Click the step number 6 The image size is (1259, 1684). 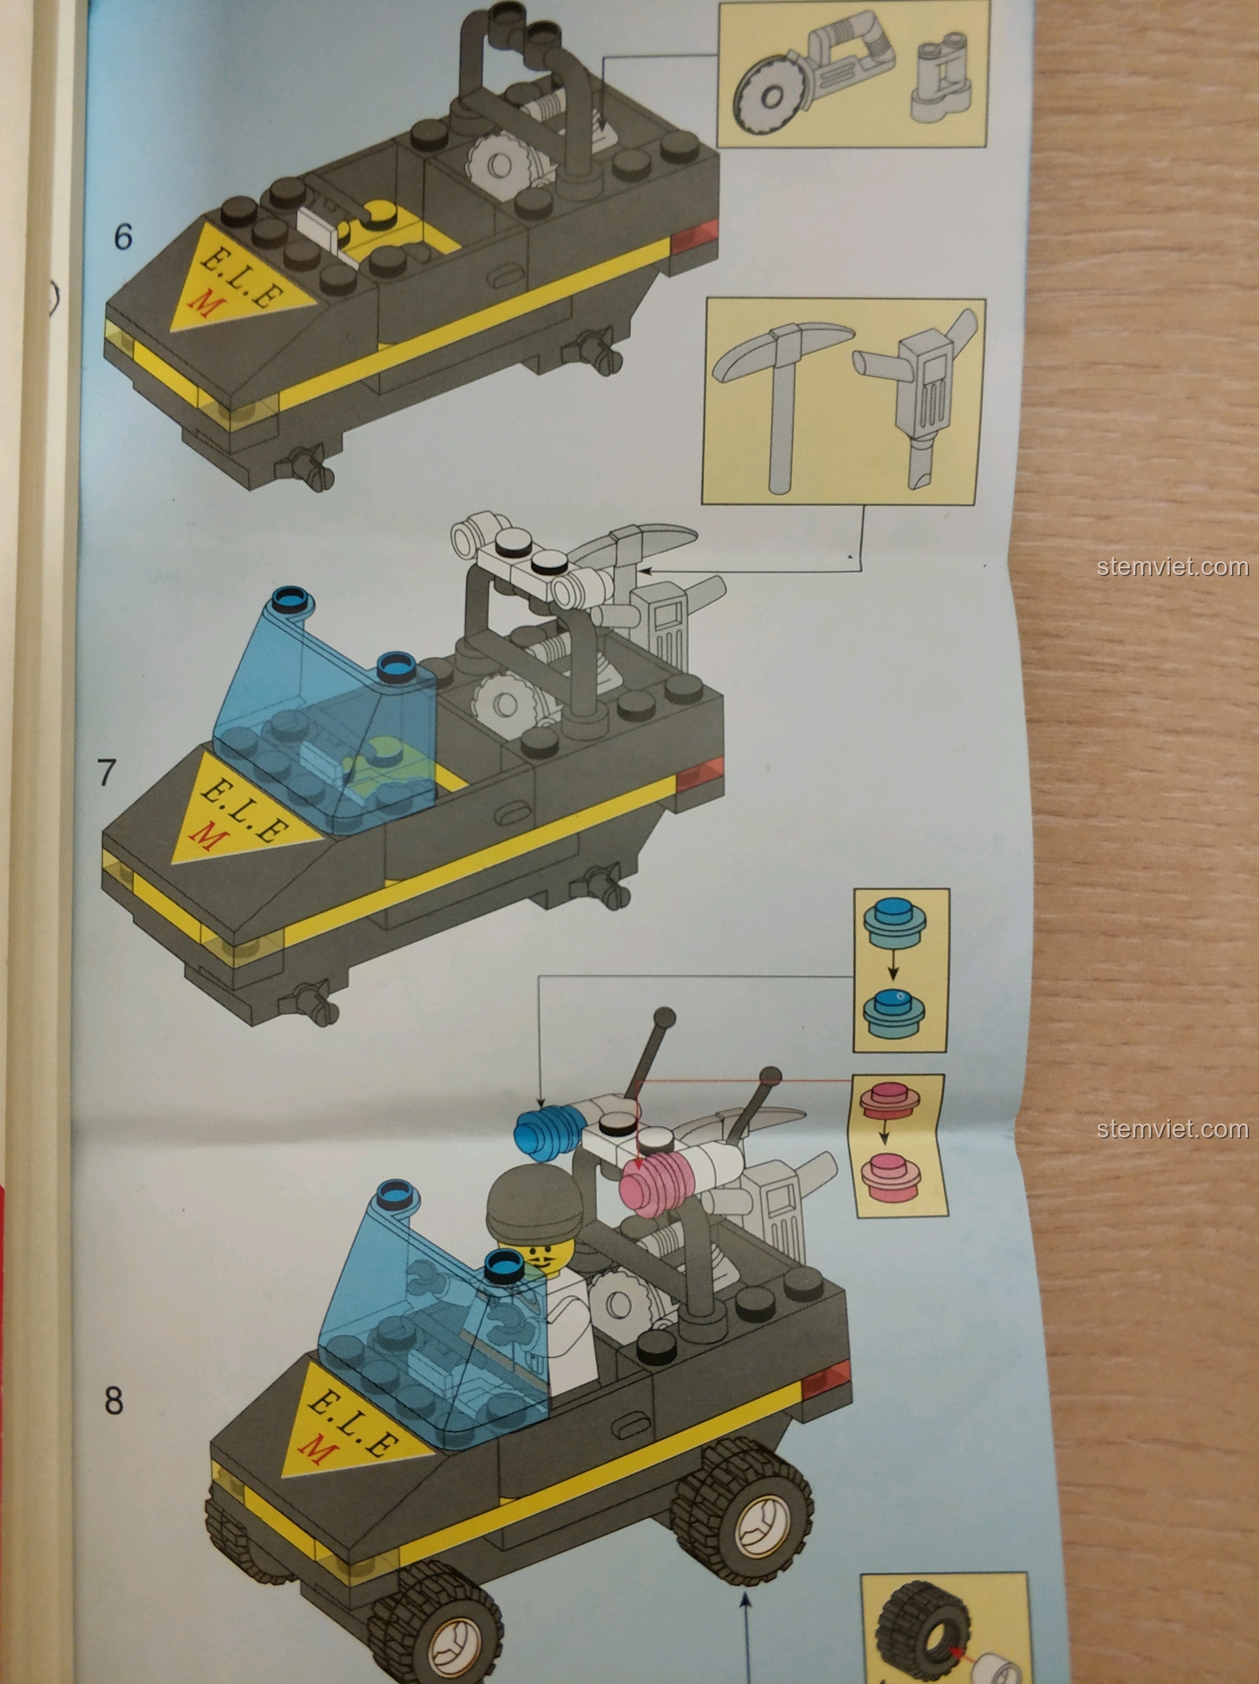point(122,237)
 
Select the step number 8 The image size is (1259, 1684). point(113,1399)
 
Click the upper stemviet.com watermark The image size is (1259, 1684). point(1173,567)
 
